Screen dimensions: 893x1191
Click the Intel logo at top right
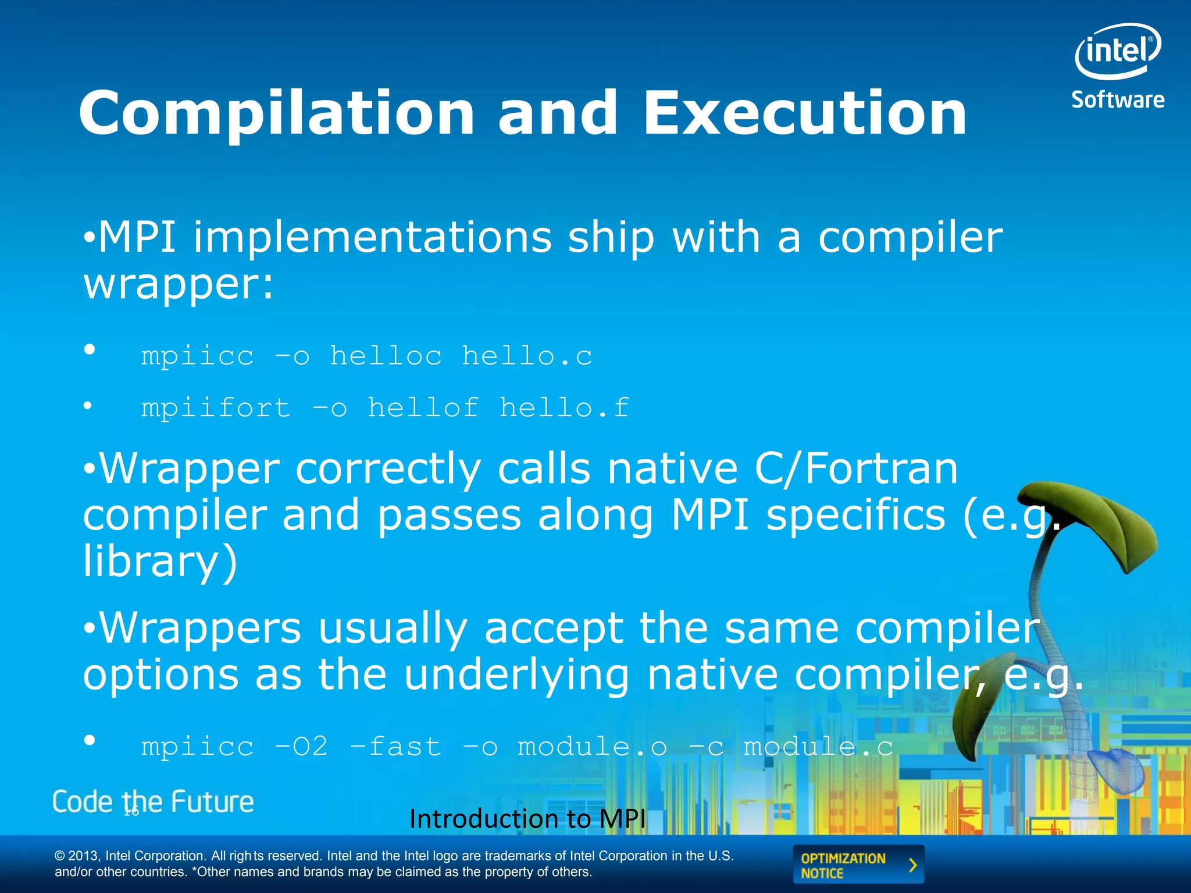point(1117,51)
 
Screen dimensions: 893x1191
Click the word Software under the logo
point(1118,100)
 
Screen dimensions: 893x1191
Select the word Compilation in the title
point(276,114)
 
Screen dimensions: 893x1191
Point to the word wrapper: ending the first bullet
point(178,284)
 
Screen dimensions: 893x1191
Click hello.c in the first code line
point(527,356)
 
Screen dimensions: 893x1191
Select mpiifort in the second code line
point(216,408)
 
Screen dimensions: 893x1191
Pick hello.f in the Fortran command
point(564,408)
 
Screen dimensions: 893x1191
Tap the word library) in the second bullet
point(161,562)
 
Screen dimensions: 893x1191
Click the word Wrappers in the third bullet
point(201,628)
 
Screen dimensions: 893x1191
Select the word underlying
point(516,675)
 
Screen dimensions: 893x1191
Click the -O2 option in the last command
point(301,747)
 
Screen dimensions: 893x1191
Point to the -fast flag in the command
point(395,747)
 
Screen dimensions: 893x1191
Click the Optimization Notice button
point(858,865)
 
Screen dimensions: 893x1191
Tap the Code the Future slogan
point(153,802)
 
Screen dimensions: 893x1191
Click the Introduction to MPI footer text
point(527,819)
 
